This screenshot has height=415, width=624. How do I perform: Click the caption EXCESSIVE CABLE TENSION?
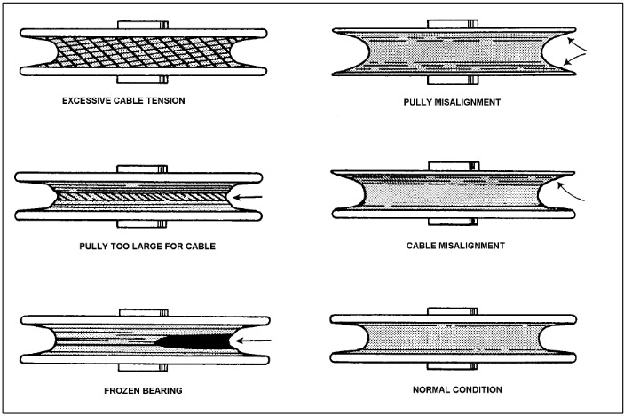click(x=123, y=100)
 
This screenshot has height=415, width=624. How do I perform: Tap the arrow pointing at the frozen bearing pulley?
click(x=257, y=339)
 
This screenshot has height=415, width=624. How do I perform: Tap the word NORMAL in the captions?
click(x=430, y=389)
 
